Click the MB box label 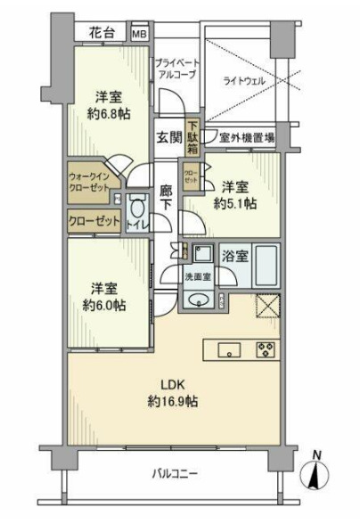pyautogui.click(x=139, y=33)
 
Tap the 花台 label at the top pyautogui.click(x=101, y=33)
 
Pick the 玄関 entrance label pyautogui.click(x=169, y=138)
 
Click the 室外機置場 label pyautogui.click(x=246, y=138)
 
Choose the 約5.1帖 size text pyautogui.click(x=236, y=204)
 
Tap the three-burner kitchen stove pyautogui.click(x=265, y=348)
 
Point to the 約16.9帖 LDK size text pyautogui.click(x=173, y=401)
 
